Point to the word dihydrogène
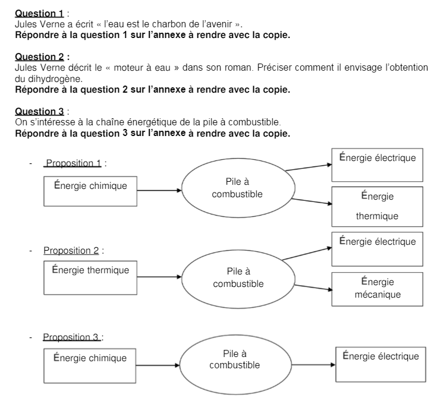click(49, 78)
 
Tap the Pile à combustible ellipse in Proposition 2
click(238, 277)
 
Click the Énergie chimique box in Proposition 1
click(91, 191)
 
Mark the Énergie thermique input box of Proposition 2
click(91, 277)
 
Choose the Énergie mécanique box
click(378, 289)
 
